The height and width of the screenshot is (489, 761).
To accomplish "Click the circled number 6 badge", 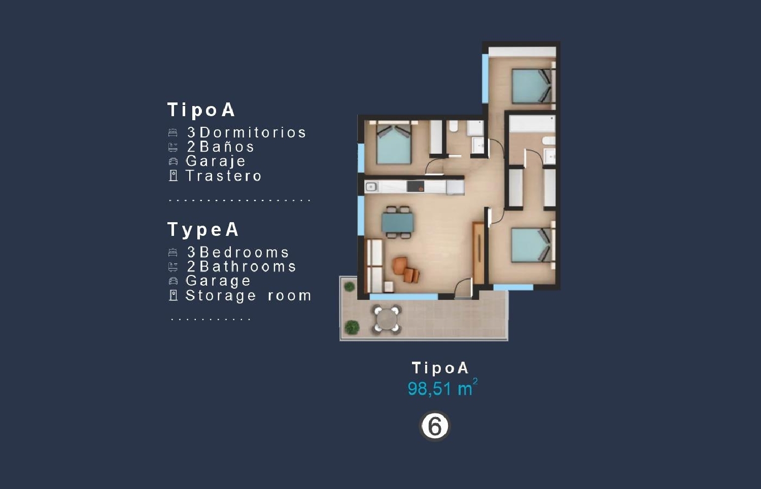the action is [x=435, y=426].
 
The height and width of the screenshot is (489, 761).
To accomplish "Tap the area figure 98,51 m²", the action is [x=443, y=388].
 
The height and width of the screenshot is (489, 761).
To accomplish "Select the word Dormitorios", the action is [x=253, y=132].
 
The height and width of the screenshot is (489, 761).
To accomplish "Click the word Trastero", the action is [x=224, y=176].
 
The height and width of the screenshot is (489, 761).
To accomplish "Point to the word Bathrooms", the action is [x=248, y=267].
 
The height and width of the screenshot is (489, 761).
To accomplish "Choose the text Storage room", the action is [x=249, y=295].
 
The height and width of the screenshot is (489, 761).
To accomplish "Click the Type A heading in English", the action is [x=203, y=230].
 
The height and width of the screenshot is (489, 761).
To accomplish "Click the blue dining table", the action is [x=397, y=222].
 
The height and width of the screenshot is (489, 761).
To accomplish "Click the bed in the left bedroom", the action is [x=394, y=145].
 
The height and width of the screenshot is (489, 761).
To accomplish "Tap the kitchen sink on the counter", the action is [x=371, y=187].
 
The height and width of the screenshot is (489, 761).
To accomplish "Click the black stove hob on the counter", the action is [x=416, y=187].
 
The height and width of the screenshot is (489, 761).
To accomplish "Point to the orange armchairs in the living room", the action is [x=406, y=269].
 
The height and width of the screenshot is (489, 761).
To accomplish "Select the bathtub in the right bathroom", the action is [x=532, y=124].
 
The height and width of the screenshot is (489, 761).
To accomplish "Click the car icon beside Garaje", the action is [x=174, y=161].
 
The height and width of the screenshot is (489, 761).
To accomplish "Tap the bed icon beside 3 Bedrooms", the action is [x=173, y=252].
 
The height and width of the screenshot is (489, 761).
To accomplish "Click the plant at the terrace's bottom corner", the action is [x=352, y=327].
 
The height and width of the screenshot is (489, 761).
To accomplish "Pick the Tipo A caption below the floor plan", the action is [x=440, y=368].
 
